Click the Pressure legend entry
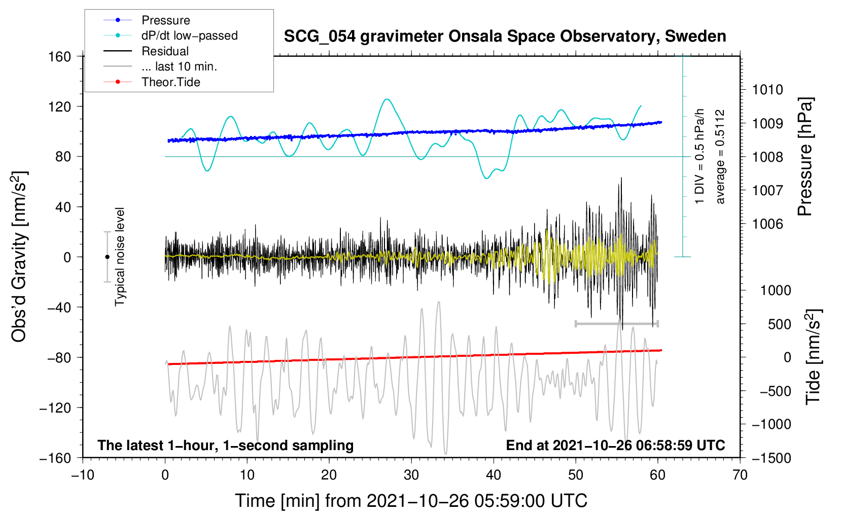point(165,20)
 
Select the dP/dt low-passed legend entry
point(189,35)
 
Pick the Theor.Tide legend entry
point(170,82)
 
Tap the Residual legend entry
point(165,51)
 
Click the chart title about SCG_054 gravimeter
point(505,36)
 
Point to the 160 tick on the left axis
point(60,56)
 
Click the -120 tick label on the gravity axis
point(55,408)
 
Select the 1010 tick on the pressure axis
point(767,90)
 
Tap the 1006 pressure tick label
point(767,224)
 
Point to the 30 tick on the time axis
point(411,475)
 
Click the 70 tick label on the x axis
point(740,475)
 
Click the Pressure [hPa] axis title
point(805,157)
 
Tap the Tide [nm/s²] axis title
point(813,357)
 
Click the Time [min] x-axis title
point(411,501)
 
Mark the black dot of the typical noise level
point(107,257)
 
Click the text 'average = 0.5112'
point(720,157)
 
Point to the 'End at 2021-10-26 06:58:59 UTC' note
point(615,445)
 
